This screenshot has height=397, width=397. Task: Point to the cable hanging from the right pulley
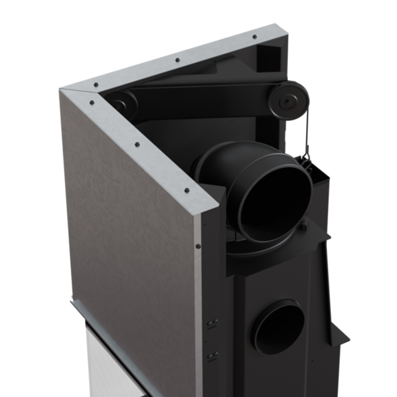click(x=308, y=131)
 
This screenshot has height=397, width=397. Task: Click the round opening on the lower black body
click(x=279, y=327)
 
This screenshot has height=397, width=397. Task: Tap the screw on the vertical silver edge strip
click(x=198, y=245)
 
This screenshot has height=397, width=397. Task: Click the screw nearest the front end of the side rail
click(x=187, y=190)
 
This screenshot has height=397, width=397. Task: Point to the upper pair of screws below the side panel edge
click(x=213, y=323)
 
